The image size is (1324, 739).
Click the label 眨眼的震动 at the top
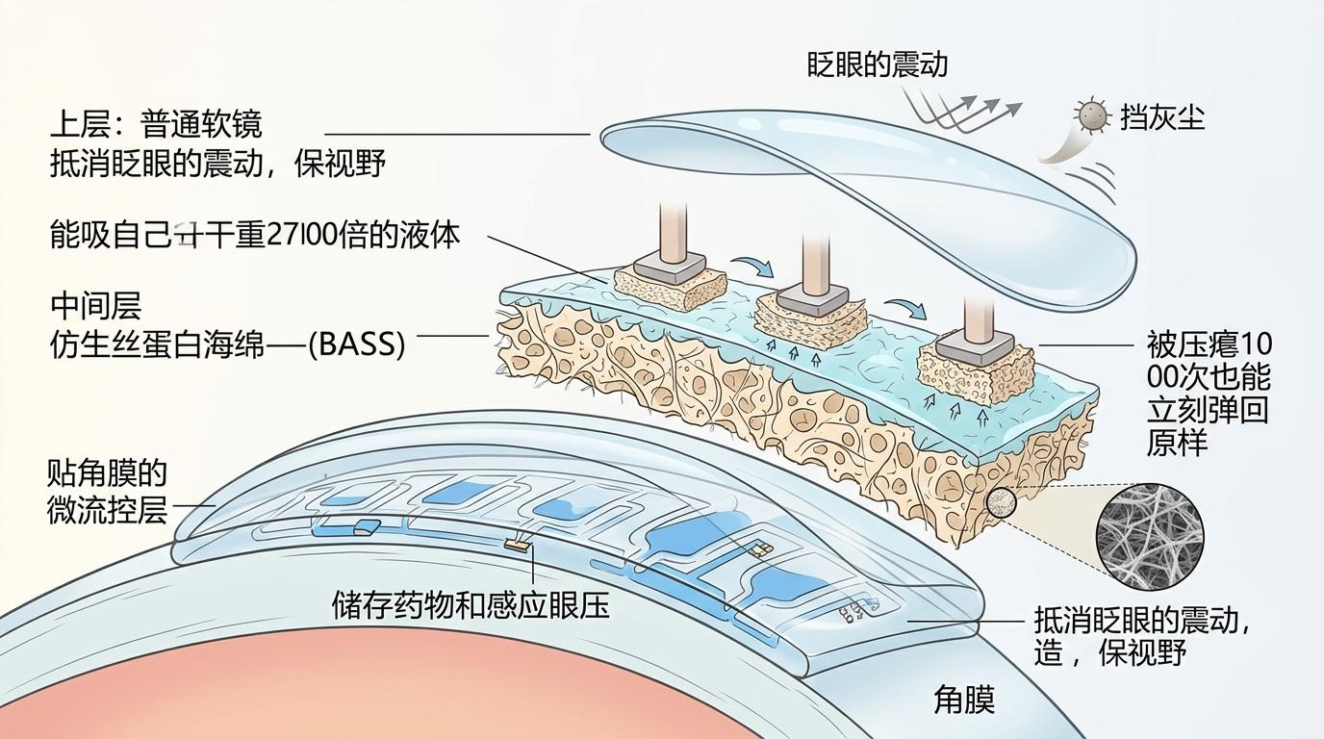(877, 64)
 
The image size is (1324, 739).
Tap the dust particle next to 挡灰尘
(1091, 116)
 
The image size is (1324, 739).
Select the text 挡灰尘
(1162, 117)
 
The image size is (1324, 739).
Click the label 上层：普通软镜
(155, 124)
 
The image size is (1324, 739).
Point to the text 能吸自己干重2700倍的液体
(255, 235)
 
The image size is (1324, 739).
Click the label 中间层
(95, 306)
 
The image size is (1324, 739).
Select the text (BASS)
(356, 344)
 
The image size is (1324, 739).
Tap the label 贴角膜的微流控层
(107, 491)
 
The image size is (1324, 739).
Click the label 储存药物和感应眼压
(471, 604)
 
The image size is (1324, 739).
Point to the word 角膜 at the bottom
(963, 700)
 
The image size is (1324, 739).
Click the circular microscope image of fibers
(1150, 536)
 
